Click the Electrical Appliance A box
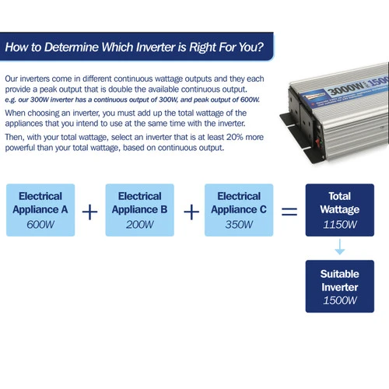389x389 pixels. [x=40, y=210]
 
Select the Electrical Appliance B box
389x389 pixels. [x=140, y=210]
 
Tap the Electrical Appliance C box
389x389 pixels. [x=239, y=210]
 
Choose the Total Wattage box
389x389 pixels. [x=340, y=210]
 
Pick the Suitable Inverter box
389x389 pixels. [x=340, y=286]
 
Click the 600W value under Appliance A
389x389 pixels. [x=40, y=225]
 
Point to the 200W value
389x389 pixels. [x=140, y=225]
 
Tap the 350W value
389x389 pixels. [x=239, y=225]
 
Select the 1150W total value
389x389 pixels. [x=340, y=225]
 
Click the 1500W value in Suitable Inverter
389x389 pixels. [x=340, y=300]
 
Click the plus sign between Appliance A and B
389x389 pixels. [x=89, y=212]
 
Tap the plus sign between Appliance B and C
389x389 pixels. [x=191, y=212]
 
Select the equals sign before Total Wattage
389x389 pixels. [x=289, y=212]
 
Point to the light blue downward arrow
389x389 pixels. [x=340, y=247]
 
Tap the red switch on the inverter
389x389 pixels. [x=317, y=142]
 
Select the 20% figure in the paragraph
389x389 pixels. [x=235, y=137]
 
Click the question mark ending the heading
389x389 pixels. [x=261, y=47]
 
